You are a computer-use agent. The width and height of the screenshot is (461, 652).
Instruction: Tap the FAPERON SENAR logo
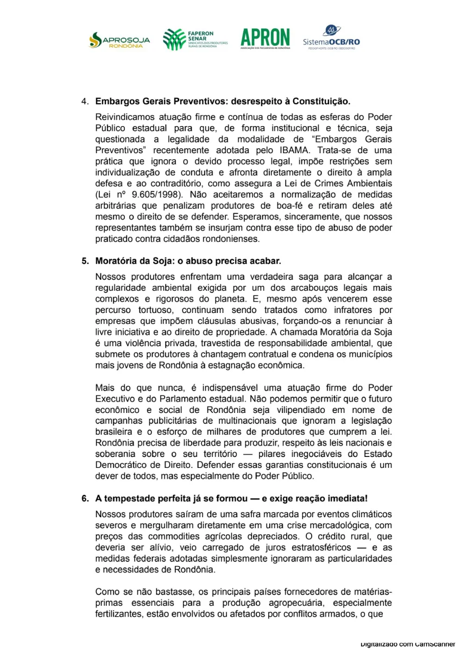pos(194,40)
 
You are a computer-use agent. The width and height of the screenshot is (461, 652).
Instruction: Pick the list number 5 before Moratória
pos(85,261)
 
